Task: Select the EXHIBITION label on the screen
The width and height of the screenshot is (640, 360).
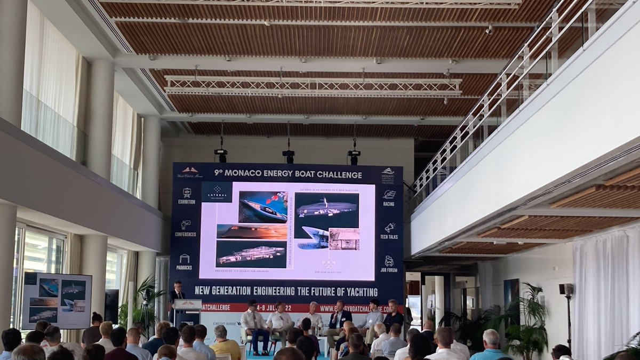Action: [186, 202]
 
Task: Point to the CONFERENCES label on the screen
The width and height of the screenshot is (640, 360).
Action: [186, 234]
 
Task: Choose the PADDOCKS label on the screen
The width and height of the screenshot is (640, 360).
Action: [185, 268]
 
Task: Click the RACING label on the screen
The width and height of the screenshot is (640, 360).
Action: [389, 203]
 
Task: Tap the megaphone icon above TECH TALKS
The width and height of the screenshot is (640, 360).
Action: [389, 228]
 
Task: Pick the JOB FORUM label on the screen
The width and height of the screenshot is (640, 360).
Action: [389, 270]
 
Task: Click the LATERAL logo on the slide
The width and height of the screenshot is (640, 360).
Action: [217, 191]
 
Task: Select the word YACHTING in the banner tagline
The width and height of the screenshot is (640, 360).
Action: [359, 292]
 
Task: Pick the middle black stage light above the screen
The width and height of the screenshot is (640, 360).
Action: [288, 156]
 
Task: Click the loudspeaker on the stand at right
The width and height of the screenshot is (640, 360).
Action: [566, 290]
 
